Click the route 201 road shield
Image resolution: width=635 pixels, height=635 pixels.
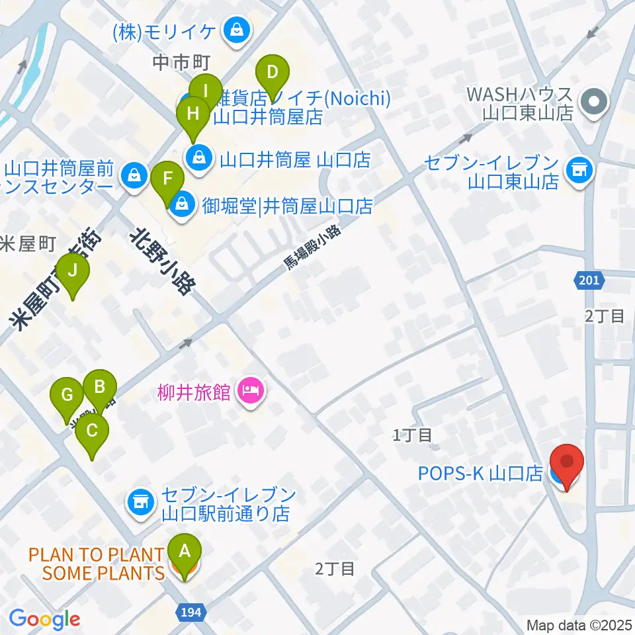pos(588,280)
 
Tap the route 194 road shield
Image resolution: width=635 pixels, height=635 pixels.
pos(190,613)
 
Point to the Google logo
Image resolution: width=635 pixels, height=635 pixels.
pos(45,619)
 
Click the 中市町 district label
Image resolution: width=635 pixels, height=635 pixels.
pos(181,63)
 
